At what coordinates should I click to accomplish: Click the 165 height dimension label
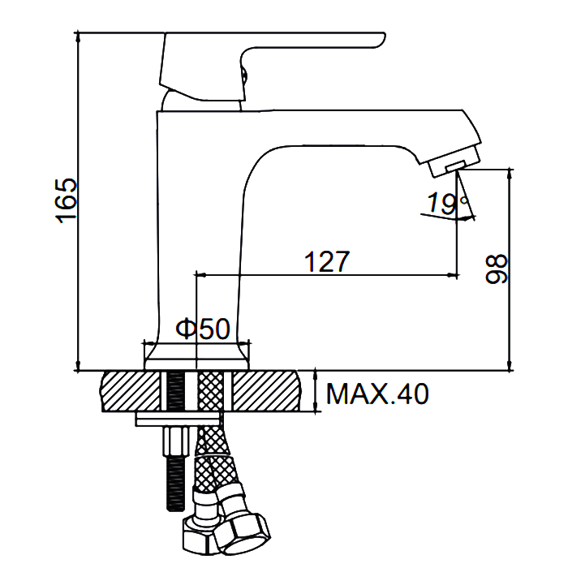click(x=66, y=200)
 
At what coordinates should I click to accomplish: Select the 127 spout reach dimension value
click(x=327, y=261)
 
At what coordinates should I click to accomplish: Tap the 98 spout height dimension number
click(x=497, y=269)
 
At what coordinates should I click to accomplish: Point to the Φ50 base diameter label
click(x=203, y=329)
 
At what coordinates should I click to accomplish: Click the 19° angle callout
click(x=448, y=203)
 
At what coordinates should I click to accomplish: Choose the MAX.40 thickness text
click(x=377, y=394)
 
